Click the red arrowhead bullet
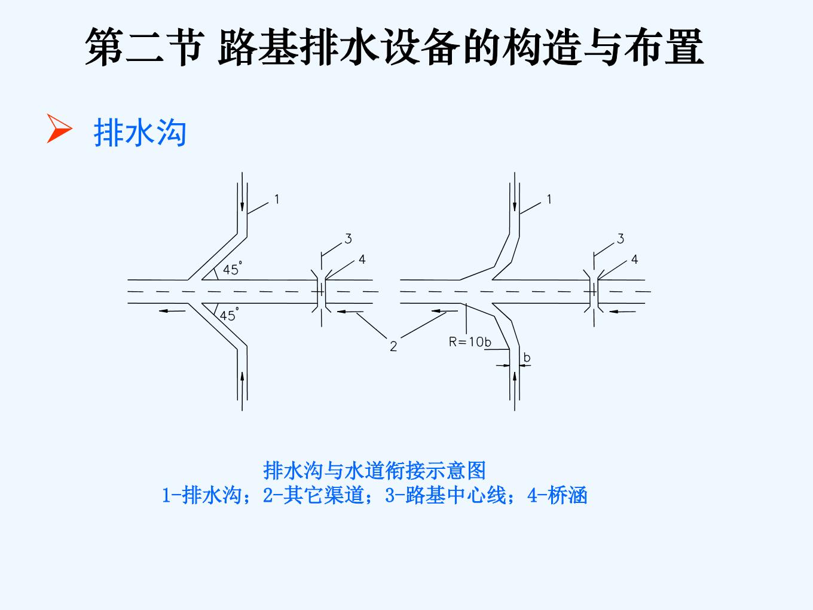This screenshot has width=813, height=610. pos(59,128)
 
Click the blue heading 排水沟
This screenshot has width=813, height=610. pos(140,133)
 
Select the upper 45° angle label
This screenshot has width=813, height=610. pos(233,269)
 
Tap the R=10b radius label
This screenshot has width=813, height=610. pos(470,342)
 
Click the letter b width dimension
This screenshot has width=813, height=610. pos(527,358)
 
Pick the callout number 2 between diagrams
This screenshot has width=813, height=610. pos(393,346)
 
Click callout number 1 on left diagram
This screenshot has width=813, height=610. pos(277,199)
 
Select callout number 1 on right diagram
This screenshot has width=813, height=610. pos(549,199)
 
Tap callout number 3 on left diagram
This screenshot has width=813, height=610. pos(348,239)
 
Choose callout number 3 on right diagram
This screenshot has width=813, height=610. pos(621,239)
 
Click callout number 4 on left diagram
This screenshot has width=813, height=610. pos(362,260)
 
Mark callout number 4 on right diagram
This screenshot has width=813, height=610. pos(634,260)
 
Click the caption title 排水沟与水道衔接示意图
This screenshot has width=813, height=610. pos(374,471)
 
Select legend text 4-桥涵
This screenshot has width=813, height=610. pos(557,495)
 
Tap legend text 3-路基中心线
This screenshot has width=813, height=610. pos(445,495)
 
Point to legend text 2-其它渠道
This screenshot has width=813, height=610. pos(313,495)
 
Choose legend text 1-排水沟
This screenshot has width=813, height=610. pos(202,495)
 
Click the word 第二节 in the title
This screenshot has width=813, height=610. pos(145,47)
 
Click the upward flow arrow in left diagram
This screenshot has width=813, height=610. pos(242,391)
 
